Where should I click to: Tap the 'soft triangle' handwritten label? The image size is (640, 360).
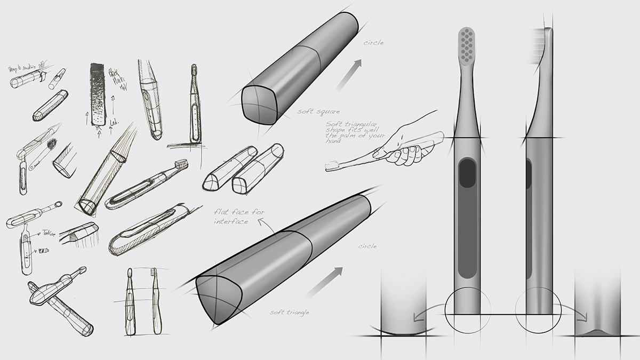point(289,312)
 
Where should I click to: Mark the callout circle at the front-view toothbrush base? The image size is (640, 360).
point(467,310)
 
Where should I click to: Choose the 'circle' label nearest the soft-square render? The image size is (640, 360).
point(373,43)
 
